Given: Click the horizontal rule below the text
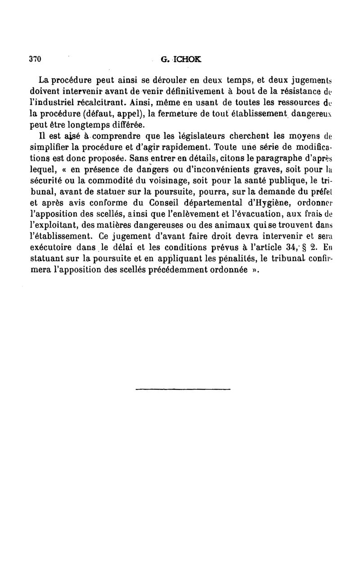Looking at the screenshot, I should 183,388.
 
